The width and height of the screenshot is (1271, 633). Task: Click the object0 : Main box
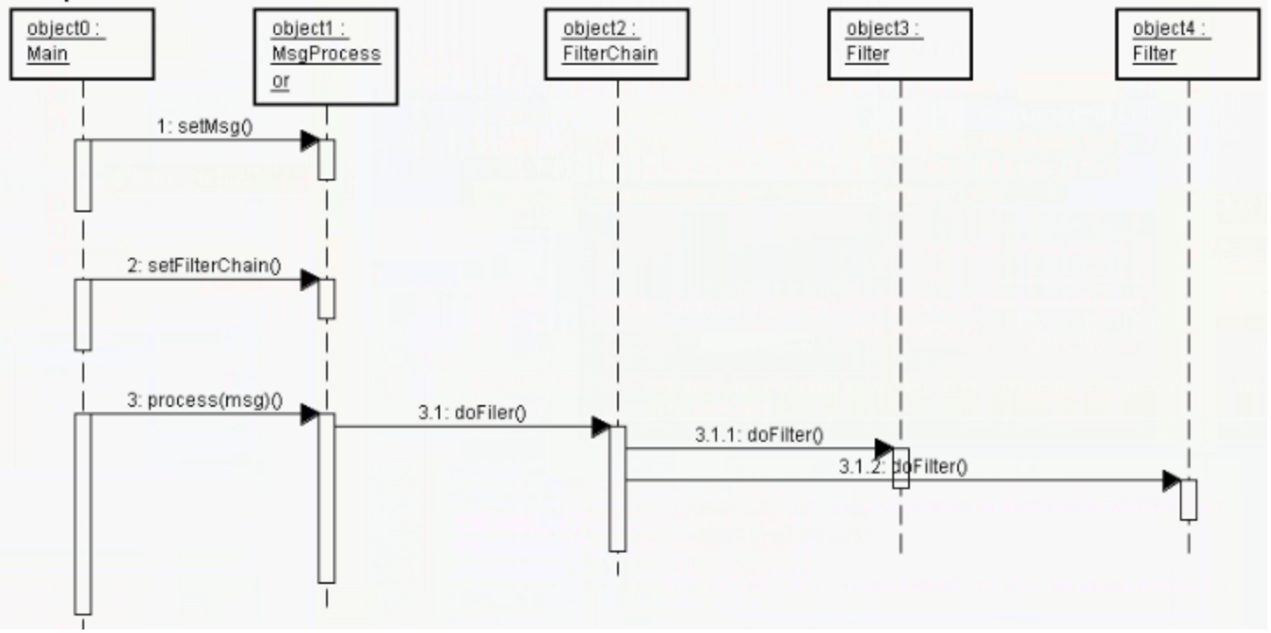[x=82, y=44]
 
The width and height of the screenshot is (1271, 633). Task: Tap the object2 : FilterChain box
[x=616, y=44]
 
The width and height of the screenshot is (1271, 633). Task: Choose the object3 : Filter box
[x=899, y=44]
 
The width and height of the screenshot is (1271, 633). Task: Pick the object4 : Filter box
[x=1188, y=44]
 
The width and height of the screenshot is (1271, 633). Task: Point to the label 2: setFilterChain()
[x=204, y=267]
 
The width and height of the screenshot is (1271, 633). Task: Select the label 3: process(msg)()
[x=204, y=401]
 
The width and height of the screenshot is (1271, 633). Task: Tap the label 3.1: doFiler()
[x=472, y=414]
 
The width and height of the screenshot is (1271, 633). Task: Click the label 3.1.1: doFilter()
[x=759, y=436]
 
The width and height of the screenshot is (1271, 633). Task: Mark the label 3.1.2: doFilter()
[x=904, y=467]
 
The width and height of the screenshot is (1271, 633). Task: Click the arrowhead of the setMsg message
[x=309, y=140]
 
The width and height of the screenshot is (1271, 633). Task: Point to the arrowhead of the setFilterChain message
[x=309, y=281]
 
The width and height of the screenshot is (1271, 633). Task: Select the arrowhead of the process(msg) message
[x=309, y=415]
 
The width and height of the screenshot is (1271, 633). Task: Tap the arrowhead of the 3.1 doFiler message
[x=600, y=428]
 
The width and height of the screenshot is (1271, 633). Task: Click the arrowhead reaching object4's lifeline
[x=1171, y=480]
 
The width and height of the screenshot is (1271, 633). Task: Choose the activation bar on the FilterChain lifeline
[x=617, y=488]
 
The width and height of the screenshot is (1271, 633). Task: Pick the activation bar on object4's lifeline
[x=1188, y=500]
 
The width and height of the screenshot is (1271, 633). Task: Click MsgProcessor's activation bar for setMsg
[x=326, y=160]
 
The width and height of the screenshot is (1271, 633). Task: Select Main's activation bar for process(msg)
[x=82, y=513]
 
